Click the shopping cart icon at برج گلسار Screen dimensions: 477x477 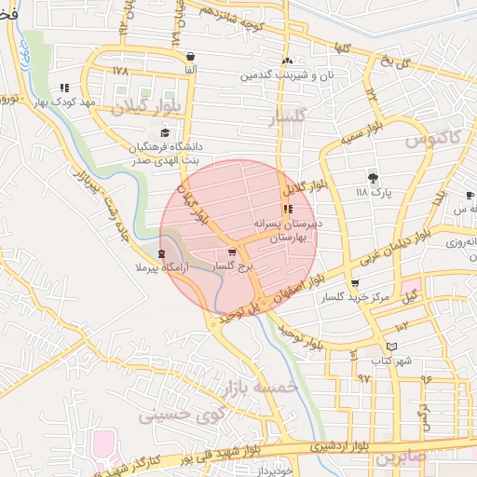pyautogui.click(x=232, y=252)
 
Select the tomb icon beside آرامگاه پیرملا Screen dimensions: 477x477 pyautogui.click(x=162, y=253)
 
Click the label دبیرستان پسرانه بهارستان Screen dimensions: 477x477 pyautogui.click(x=288, y=231)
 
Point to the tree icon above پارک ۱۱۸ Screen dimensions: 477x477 pyautogui.click(x=374, y=177)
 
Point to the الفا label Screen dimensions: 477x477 pyautogui.click(x=191, y=70)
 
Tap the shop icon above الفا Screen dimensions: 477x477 pyautogui.click(x=191, y=56)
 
